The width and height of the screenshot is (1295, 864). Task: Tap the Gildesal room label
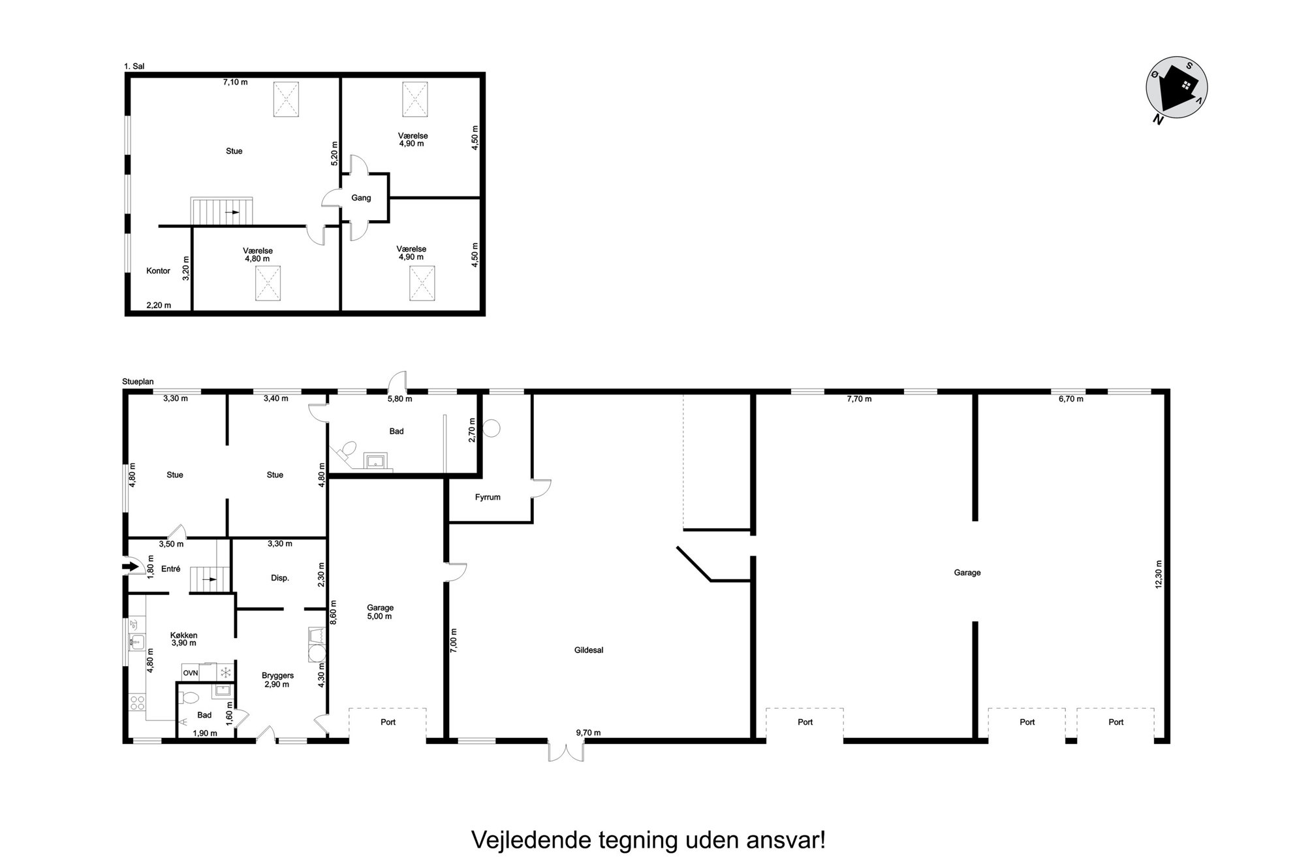coord(589,650)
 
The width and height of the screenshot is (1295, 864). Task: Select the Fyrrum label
coord(488,497)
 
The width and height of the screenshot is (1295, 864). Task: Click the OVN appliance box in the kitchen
coord(190,673)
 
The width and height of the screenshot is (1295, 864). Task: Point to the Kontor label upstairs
coord(158,270)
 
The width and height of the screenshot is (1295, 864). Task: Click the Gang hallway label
coord(361,198)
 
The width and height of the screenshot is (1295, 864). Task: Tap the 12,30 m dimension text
coord(1159,574)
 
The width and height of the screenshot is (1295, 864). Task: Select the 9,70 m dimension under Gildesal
coord(588,733)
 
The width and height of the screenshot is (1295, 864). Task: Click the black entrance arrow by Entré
coord(131,566)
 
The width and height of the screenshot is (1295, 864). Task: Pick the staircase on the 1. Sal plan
coord(222,212)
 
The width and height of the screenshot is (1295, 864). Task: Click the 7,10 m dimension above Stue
coord(235,82)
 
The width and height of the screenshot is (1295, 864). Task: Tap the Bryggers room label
coord(277,675)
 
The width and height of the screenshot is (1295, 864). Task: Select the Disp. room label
coord(280,578)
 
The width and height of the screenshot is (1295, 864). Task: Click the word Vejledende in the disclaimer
coord(533,840)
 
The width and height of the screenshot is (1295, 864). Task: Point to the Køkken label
coord(183,635)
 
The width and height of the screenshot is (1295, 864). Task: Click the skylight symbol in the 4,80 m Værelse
coord(268,283)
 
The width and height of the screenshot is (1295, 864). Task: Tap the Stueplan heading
coord(138,381)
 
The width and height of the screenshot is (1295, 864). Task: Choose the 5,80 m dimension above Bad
coord(400,398)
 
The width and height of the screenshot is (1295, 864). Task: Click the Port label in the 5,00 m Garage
coord(388,722)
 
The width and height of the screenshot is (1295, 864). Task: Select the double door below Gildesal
coord(566,751)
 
